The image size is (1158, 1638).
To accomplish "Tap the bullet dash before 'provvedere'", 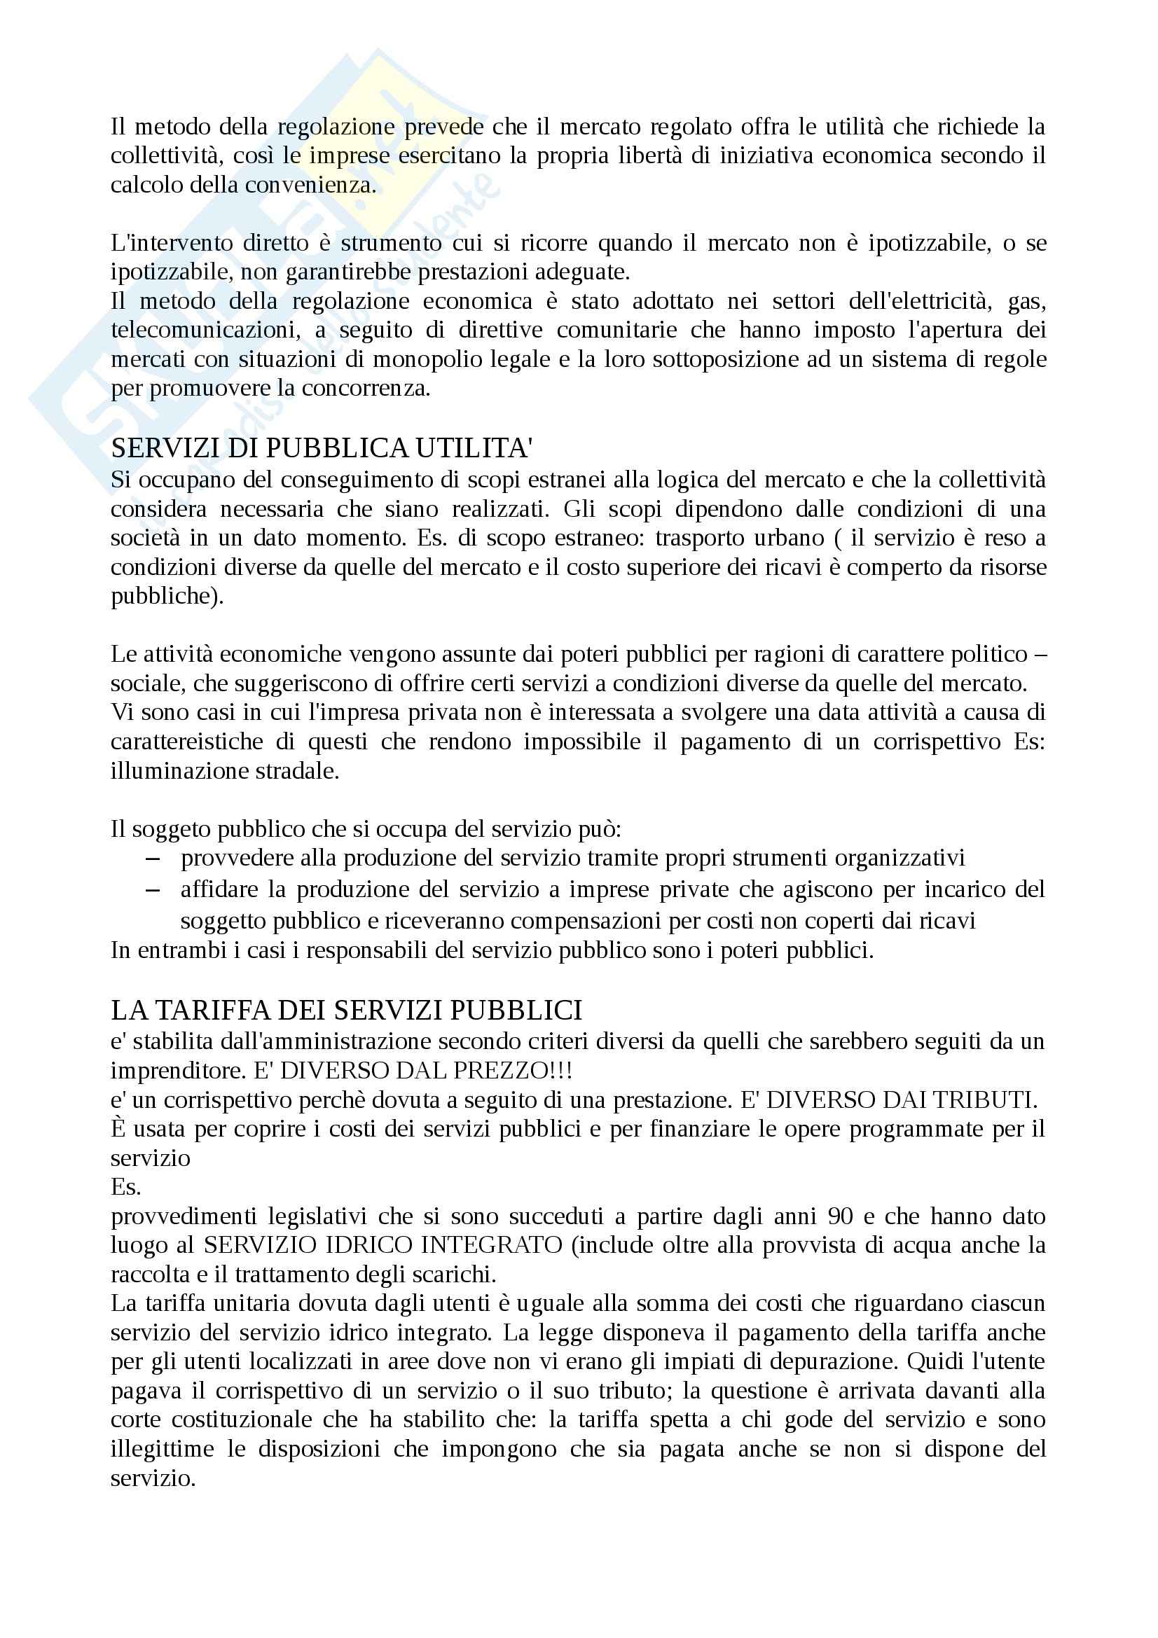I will tap(152, 859).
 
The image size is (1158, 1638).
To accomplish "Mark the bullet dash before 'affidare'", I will tap(152, 890).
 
